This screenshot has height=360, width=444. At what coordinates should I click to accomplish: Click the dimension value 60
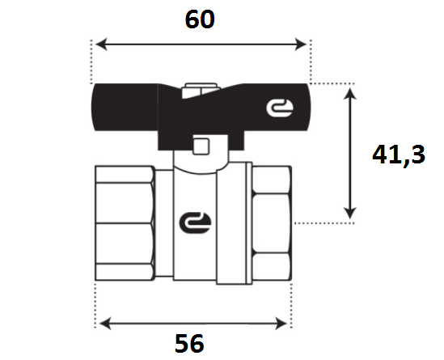click(200, 19)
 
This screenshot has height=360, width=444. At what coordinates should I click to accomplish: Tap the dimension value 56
click(189, 343)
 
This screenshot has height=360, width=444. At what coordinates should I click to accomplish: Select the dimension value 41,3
click(399, 155)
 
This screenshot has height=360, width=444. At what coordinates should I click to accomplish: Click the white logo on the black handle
click(280, 108)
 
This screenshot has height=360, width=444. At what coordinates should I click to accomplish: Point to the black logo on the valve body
click(196, 222)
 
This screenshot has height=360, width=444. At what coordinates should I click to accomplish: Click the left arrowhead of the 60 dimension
click(101, 44)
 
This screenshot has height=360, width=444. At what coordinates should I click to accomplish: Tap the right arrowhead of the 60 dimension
click(301, 44)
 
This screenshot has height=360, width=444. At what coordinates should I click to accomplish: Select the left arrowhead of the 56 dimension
click(105, 324)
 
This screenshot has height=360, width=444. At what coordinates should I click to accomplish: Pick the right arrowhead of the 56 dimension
click(281, 324)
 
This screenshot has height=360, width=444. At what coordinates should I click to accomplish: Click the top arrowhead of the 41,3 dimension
click(350, 94)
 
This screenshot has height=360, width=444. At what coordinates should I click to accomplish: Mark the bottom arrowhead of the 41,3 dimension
click(350, 213)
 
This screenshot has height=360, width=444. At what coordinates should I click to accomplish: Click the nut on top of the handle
click(201, 91)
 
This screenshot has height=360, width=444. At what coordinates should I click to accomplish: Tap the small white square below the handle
click(201, 146)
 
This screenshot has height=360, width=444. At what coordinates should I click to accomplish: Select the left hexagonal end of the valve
click(125, 223)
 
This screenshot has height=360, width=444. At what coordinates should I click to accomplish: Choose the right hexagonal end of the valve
click(272, 223)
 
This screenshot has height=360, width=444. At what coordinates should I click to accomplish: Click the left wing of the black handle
click(125, 107)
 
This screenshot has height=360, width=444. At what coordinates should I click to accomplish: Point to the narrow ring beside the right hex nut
click(249, 223)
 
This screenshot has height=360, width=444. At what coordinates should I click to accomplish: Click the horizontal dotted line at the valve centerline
click(324, 223)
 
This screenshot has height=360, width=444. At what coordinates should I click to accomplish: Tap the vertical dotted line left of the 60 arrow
click(91, 61)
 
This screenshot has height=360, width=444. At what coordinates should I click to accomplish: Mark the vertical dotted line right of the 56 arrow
click(292, 306)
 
